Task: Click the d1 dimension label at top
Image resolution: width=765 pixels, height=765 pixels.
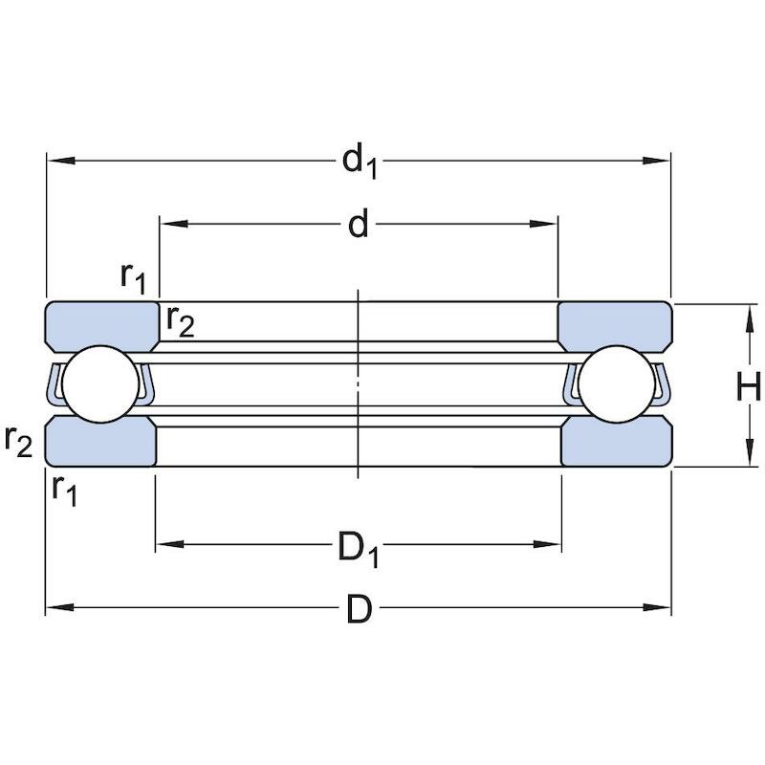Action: (x=361, y=163)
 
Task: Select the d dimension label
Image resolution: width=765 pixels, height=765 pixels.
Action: (x=359, y=224)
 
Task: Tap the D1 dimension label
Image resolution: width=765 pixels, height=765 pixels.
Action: (x=359, y=549)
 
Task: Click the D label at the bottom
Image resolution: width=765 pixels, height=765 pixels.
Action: (x=360, y=609)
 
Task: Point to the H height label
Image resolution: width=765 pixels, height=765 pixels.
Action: (x=748, y=386)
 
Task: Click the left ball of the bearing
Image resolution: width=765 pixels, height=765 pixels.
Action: (x=101, y=384)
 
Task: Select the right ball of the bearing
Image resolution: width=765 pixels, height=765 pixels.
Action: (x=617, y=384)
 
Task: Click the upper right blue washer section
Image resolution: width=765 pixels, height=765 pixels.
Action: (x=615, y=326)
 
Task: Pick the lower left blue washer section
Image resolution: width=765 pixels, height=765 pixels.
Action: (x=100, y=443)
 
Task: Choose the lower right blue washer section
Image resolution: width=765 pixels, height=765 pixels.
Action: (x=617, y=443)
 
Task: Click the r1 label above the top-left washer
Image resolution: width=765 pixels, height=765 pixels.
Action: (x=133, y=278)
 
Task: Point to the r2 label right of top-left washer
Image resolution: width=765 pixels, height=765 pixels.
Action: (x=181, y=322)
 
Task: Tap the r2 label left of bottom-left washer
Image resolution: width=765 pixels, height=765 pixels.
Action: (x=18, y=442)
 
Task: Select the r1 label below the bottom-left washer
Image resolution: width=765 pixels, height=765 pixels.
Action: (x=64, y=491)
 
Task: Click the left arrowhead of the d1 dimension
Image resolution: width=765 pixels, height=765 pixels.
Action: (x=61, y=161)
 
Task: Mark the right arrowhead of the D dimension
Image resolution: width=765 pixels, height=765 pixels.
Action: (x=657, y=608)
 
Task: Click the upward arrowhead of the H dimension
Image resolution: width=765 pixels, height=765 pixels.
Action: (x=749, y=318)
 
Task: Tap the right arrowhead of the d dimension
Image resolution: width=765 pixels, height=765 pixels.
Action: (x=543, y=224)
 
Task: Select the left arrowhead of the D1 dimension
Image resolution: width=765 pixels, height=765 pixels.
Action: (x=170, y=544)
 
